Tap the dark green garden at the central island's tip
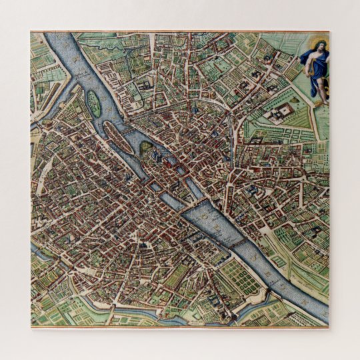[145, 147]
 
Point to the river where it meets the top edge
[57, 37]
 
